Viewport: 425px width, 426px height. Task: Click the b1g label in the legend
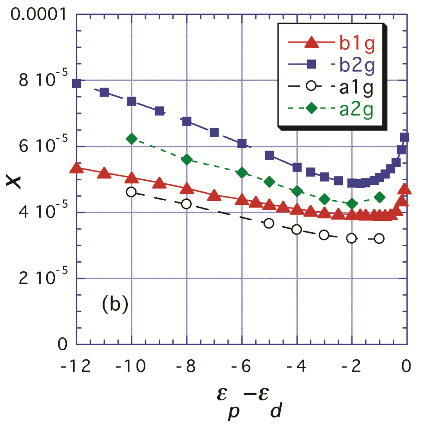tap(357, 43)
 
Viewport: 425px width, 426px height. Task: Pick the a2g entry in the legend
tap(356, 109)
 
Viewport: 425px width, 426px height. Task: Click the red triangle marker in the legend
tap(311, 43)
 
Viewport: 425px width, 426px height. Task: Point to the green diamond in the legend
tap(311, 108)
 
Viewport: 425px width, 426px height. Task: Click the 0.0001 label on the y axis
tap(39, 14)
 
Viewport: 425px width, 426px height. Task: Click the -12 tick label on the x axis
tap(76, 366)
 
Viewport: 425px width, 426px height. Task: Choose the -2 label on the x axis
tap(351, 366)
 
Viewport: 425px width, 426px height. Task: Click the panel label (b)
tap(115, 304)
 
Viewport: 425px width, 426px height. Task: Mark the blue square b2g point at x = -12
tap(77, 84)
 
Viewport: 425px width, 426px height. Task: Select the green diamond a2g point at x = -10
tap(132, 138)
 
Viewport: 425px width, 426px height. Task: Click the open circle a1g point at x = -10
tap(131, 192)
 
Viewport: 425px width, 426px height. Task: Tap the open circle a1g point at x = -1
tap(379, 239)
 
